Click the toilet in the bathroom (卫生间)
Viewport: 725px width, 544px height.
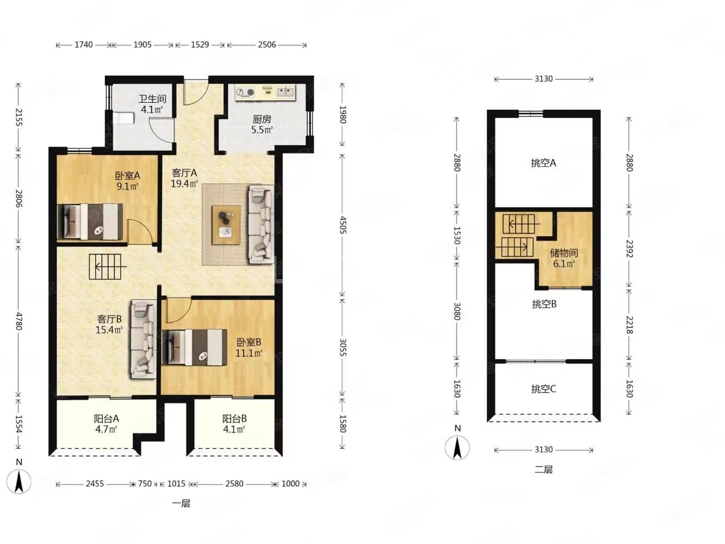(x=123, y=118)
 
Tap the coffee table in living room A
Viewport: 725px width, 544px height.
(x=226, y=225)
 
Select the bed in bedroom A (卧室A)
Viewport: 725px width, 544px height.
(x=90, y=221)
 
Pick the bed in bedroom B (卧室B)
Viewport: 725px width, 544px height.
(x=195, y=348)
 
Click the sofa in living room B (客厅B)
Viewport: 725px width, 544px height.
(x=144, y=339)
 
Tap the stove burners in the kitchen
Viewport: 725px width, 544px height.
(x=245, y=92)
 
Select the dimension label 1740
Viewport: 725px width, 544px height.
(x=84, y=45)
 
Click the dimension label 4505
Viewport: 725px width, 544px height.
(x=343, y=225)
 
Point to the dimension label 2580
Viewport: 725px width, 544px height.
(x=234, y=484)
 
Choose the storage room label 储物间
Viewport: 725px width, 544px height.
(x=564, y=254)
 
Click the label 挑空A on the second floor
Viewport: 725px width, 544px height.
(x=543, y=163)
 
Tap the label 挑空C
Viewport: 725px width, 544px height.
(x=543, y=389)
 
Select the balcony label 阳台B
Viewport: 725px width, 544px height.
(x=234, y=419)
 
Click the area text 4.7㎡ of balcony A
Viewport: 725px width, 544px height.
(x=106, y=429)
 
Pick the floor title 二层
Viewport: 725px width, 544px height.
(x=543, y=469)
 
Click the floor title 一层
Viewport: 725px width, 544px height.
(x=181, y=504)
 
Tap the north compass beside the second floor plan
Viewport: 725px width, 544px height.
(x=457, y=448)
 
